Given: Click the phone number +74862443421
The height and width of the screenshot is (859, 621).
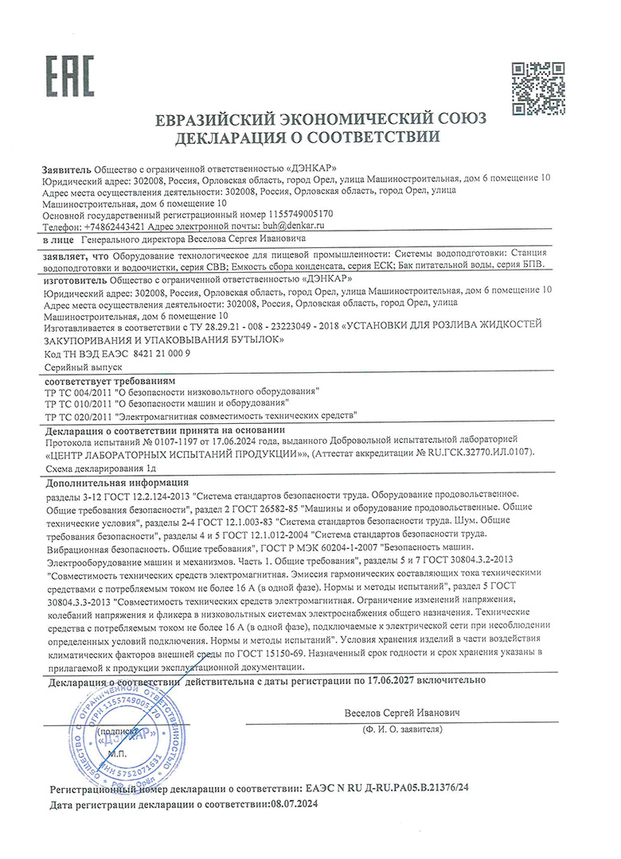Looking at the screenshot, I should click(108, 227).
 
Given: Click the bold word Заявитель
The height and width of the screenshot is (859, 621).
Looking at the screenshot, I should click(66, 169).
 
